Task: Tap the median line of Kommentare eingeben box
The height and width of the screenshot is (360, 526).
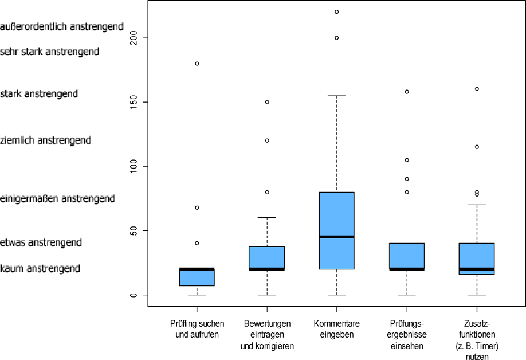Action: [x=336, y=236]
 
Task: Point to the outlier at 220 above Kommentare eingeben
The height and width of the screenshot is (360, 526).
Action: [x=337, y=11]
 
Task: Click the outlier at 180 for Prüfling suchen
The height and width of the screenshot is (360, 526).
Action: [x=197, y=64]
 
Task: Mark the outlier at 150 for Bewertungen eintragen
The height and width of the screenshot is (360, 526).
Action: [x=267, y=102]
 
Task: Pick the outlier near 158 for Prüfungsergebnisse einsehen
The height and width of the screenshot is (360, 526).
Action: [x=407, y=92]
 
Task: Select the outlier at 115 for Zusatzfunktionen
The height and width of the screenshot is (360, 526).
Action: [x=477, y=147]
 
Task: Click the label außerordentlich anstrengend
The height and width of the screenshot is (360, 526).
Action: [x=62, y=26]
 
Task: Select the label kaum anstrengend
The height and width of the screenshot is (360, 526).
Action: [x=40, y=268]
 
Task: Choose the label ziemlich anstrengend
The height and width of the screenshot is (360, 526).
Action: [x=46, y=140]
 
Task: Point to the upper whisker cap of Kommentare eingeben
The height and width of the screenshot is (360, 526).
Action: [x=336, y=96]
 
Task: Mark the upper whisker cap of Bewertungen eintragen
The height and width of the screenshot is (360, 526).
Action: [x=267, y=218]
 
